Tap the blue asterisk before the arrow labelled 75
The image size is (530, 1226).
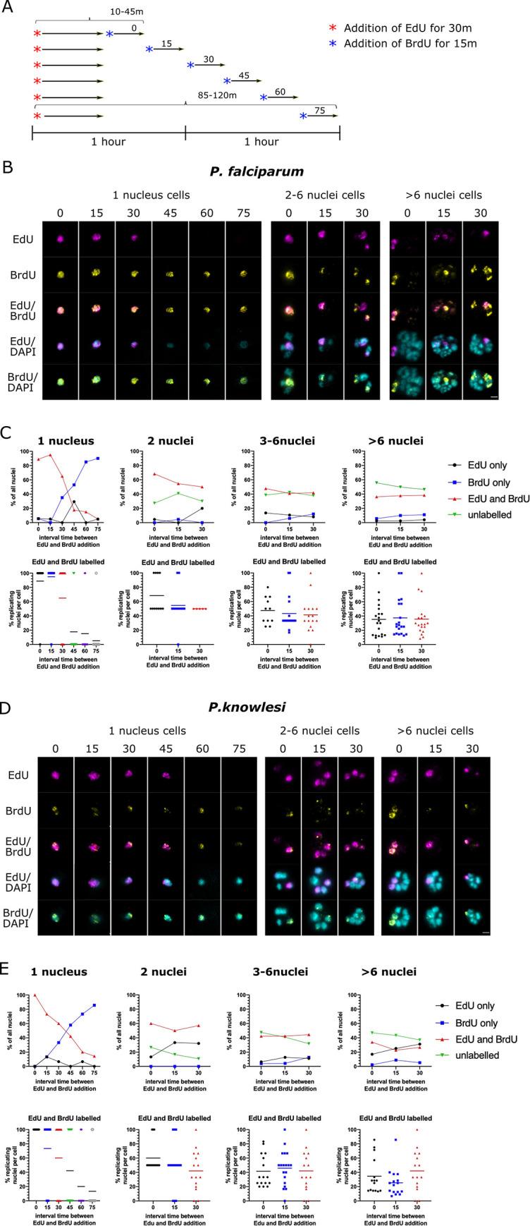click(x=303, y=116)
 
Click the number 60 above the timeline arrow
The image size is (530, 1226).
click(x=281, y=91)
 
